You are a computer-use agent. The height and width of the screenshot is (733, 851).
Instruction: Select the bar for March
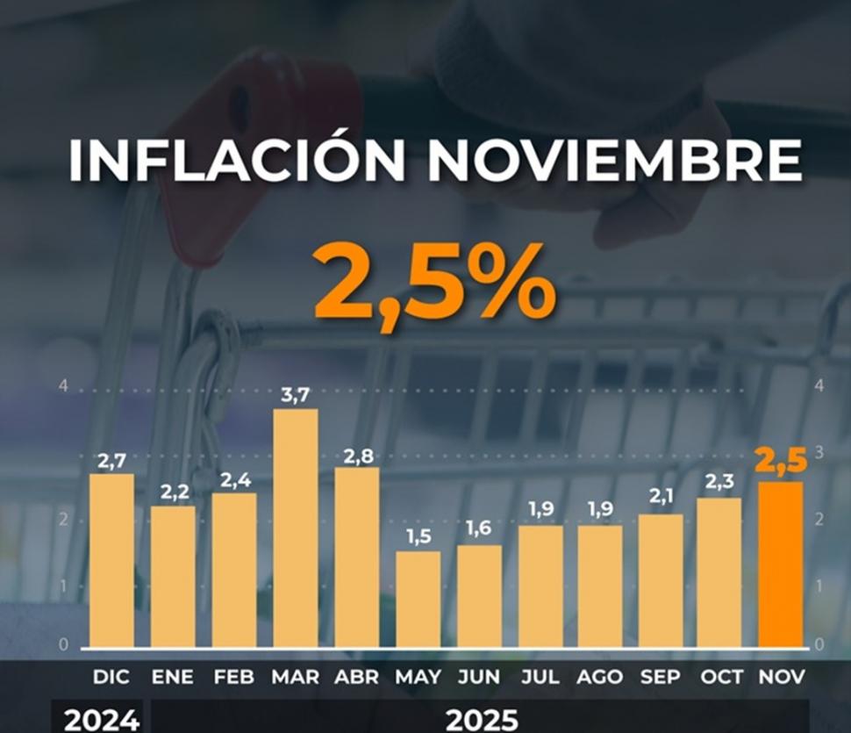coord(296,528)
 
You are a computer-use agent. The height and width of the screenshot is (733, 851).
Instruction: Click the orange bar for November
coord(780,564)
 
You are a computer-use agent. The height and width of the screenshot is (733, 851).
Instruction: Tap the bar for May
coord(418,600)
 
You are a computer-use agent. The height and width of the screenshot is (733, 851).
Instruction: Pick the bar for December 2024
coord(111,561)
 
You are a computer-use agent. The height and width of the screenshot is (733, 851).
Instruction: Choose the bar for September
coord(660,581)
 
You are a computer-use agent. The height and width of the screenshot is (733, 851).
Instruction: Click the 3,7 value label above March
coord(295,396)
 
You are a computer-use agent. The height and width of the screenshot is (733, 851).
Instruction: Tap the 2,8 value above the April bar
coord(356,454)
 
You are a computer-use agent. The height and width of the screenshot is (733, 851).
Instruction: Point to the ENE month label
coord(173,678)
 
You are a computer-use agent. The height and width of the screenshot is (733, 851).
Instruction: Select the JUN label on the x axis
coord(479,678)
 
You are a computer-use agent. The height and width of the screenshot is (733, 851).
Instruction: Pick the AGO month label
coord(600,678)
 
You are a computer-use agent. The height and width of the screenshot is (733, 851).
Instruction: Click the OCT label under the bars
coord(720,678)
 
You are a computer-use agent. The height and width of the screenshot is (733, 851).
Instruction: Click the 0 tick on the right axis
coord(819,645)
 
